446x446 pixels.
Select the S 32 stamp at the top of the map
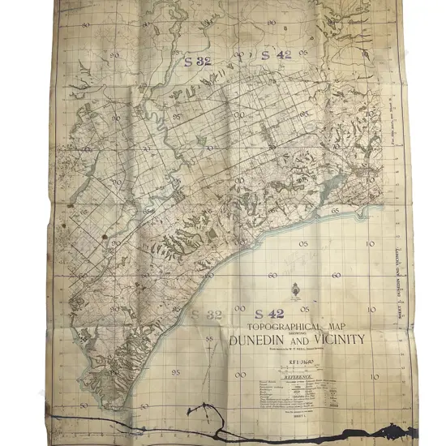[197, 59]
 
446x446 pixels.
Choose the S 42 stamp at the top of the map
[277, 55]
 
